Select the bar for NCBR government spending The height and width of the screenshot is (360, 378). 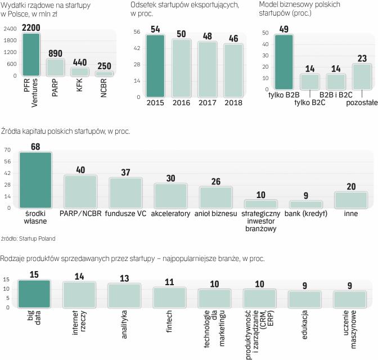pyautogui.click(x=103, y=73)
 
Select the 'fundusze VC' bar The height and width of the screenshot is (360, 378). pyautogui.click(x=125, y=193)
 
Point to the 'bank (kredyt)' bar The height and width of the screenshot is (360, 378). pyautogui.click(x=306, y=204)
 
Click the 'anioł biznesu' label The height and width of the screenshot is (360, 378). pyautogui.click(x=216, y=214)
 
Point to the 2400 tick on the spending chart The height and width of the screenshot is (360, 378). pyautogui.click(x=9, y=29)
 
